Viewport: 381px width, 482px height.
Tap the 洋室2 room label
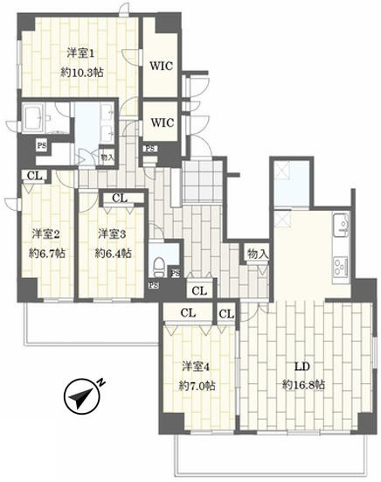coord(45,234)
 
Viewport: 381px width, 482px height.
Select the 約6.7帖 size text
coord(45,254)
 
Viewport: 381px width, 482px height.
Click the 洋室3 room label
coord(112,234)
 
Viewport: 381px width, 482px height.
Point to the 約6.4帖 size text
coord(113,254)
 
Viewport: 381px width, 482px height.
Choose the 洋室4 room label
coord(194,365)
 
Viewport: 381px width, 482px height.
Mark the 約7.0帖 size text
coord(194,385)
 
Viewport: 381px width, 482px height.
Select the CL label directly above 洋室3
coord(119,198)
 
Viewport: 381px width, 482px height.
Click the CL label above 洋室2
coord(33,175)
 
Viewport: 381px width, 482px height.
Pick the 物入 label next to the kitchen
coord(257,253)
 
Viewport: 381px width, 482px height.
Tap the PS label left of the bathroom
coord(41,146)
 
